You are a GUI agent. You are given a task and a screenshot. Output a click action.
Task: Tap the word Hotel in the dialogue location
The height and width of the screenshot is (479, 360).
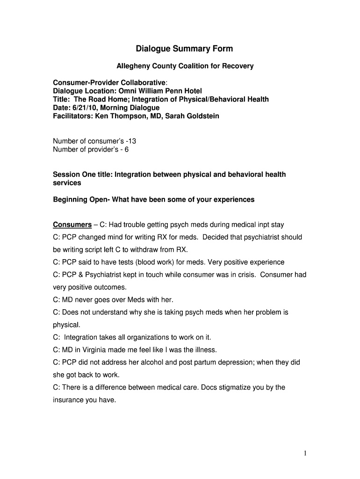pyautogui.click(x=192, y=91)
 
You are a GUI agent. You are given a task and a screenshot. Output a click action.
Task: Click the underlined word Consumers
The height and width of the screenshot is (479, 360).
pyautogui.click(x=72, y=225)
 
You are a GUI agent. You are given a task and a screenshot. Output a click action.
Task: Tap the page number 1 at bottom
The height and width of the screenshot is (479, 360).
pyautogui.click(x=304, y=453)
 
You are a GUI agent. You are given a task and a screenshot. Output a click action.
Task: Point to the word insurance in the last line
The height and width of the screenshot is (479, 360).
pyautogui.click(x=68, y=400)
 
